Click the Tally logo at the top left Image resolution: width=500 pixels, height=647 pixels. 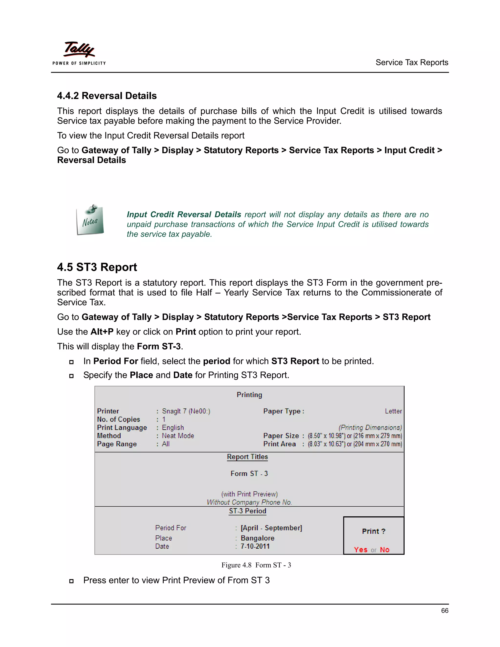coord(79,53)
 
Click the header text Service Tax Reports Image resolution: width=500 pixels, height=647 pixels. coord(411,63)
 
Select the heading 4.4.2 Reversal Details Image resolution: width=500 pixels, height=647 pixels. coord(107,96)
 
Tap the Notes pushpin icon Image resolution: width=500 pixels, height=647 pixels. coord(90,220)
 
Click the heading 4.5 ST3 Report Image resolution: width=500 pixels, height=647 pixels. coord(97,267)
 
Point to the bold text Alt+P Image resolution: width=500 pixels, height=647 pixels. coord(102,332)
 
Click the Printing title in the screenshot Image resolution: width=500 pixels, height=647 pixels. coord(249,395)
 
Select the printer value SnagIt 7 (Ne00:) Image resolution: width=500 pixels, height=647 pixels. coord(186,411)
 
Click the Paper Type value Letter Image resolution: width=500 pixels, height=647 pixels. coord(393,411)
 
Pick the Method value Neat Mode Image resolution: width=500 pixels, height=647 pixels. coord(178,436)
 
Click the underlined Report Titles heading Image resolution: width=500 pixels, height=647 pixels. coord(247,457)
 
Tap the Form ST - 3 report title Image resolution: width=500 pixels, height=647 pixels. coord(249,473)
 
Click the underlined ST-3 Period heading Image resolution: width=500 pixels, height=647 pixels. coord(247,511)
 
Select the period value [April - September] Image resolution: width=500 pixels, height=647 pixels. coord(271,528)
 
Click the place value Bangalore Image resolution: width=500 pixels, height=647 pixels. coord(257,538)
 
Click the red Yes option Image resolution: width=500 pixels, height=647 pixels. coord(361,550)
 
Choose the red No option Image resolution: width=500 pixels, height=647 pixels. coord(385,550)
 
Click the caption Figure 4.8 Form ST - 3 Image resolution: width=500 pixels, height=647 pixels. coord(256,565)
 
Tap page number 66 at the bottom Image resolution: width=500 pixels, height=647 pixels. coord(444,611)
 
